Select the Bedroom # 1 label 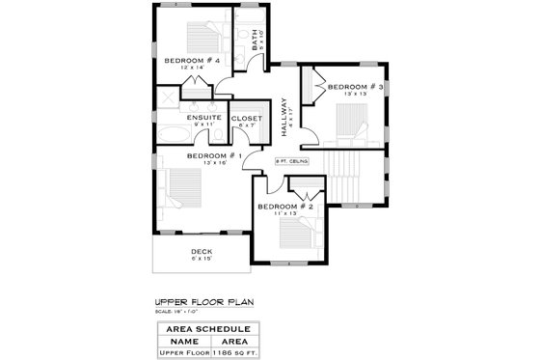coord(213,155)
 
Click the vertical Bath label coord(256,42)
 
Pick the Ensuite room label coord(203,118)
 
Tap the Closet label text coord(246,118)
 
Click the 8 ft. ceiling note coord(291,162)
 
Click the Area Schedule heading coord(202,329)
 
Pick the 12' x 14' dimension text coord(193,68)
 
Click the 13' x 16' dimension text coord(213,162)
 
